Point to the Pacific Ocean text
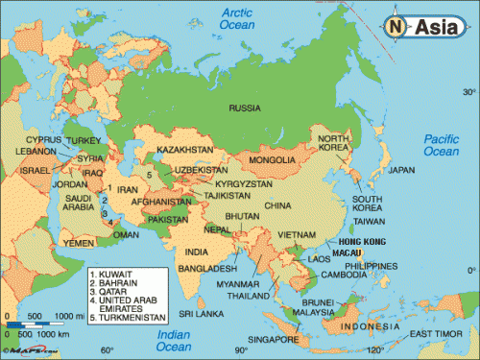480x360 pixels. click(443, 145)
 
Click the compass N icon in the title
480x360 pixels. click(395, 28)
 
